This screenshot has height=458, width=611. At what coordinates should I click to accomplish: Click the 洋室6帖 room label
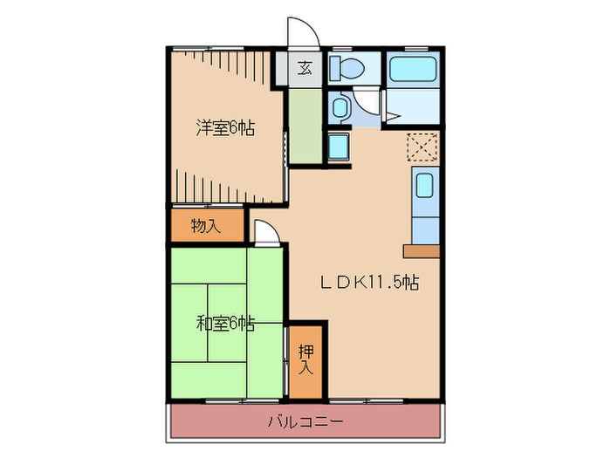pos(224,128)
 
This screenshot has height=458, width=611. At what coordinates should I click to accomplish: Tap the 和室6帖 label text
pos(224,324)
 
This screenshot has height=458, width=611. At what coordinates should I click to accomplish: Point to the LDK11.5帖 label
pos(367,282)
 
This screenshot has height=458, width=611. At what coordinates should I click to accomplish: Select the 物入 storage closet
pos(206,225)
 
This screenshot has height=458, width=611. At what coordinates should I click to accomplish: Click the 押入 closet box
pos(305,359)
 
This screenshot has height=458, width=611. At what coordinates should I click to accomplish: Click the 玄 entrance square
pos(305,68)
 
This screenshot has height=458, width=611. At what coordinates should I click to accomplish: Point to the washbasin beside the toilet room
pos(340,108)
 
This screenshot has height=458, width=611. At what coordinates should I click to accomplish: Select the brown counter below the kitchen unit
pos(422,251)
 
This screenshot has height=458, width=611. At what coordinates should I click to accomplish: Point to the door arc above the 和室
pos(266,232)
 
